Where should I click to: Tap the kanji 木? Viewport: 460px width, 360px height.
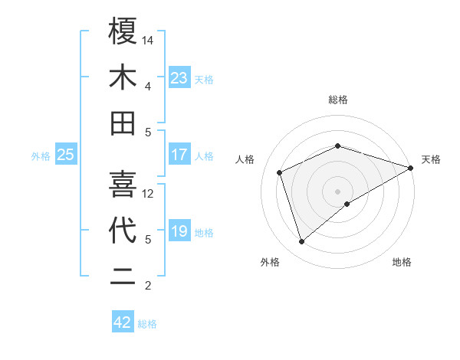(x=123, y=77)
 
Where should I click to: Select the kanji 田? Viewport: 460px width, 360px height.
(x=123, y=123)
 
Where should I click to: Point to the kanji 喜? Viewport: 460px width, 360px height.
(x=123, y=184)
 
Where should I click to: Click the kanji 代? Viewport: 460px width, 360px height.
(x=123, y=231)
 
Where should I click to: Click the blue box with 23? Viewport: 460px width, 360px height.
(x=179, y=77)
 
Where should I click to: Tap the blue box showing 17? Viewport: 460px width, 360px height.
(x=179, y=155)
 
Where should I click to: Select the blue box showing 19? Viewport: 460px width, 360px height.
(x=179, y=231)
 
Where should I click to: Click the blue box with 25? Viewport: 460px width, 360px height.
(x=66, y=155)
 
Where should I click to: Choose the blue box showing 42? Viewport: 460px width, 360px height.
(x=123, y=322)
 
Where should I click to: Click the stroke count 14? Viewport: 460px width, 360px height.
(x=148, y=40)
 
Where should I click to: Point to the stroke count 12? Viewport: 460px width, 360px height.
(x=148, y=194)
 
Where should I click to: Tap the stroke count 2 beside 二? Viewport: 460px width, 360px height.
(x=147, y=286)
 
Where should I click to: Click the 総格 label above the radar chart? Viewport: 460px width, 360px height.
(x=338, y=100)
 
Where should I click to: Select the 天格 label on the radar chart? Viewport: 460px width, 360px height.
(x=432, y=159)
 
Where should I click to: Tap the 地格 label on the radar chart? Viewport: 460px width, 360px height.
(x=402, y=263)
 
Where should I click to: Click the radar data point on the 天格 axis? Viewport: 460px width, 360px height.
(x=411, y=167)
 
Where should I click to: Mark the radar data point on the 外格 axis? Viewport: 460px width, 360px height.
(x=301, y=242)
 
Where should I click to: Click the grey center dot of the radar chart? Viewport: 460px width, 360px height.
(x=338, y=191)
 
